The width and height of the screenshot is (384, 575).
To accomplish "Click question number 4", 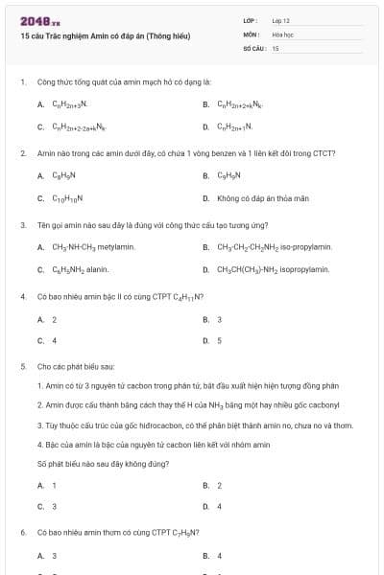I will tap(22, 297).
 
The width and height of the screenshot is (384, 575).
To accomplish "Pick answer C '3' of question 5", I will tap(54, 506).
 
